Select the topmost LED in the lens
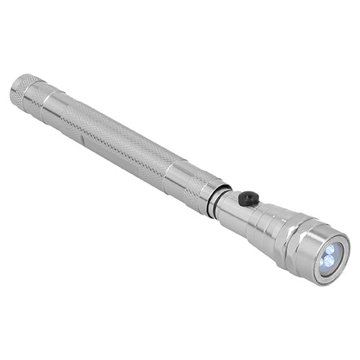click(x=331, y=248)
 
